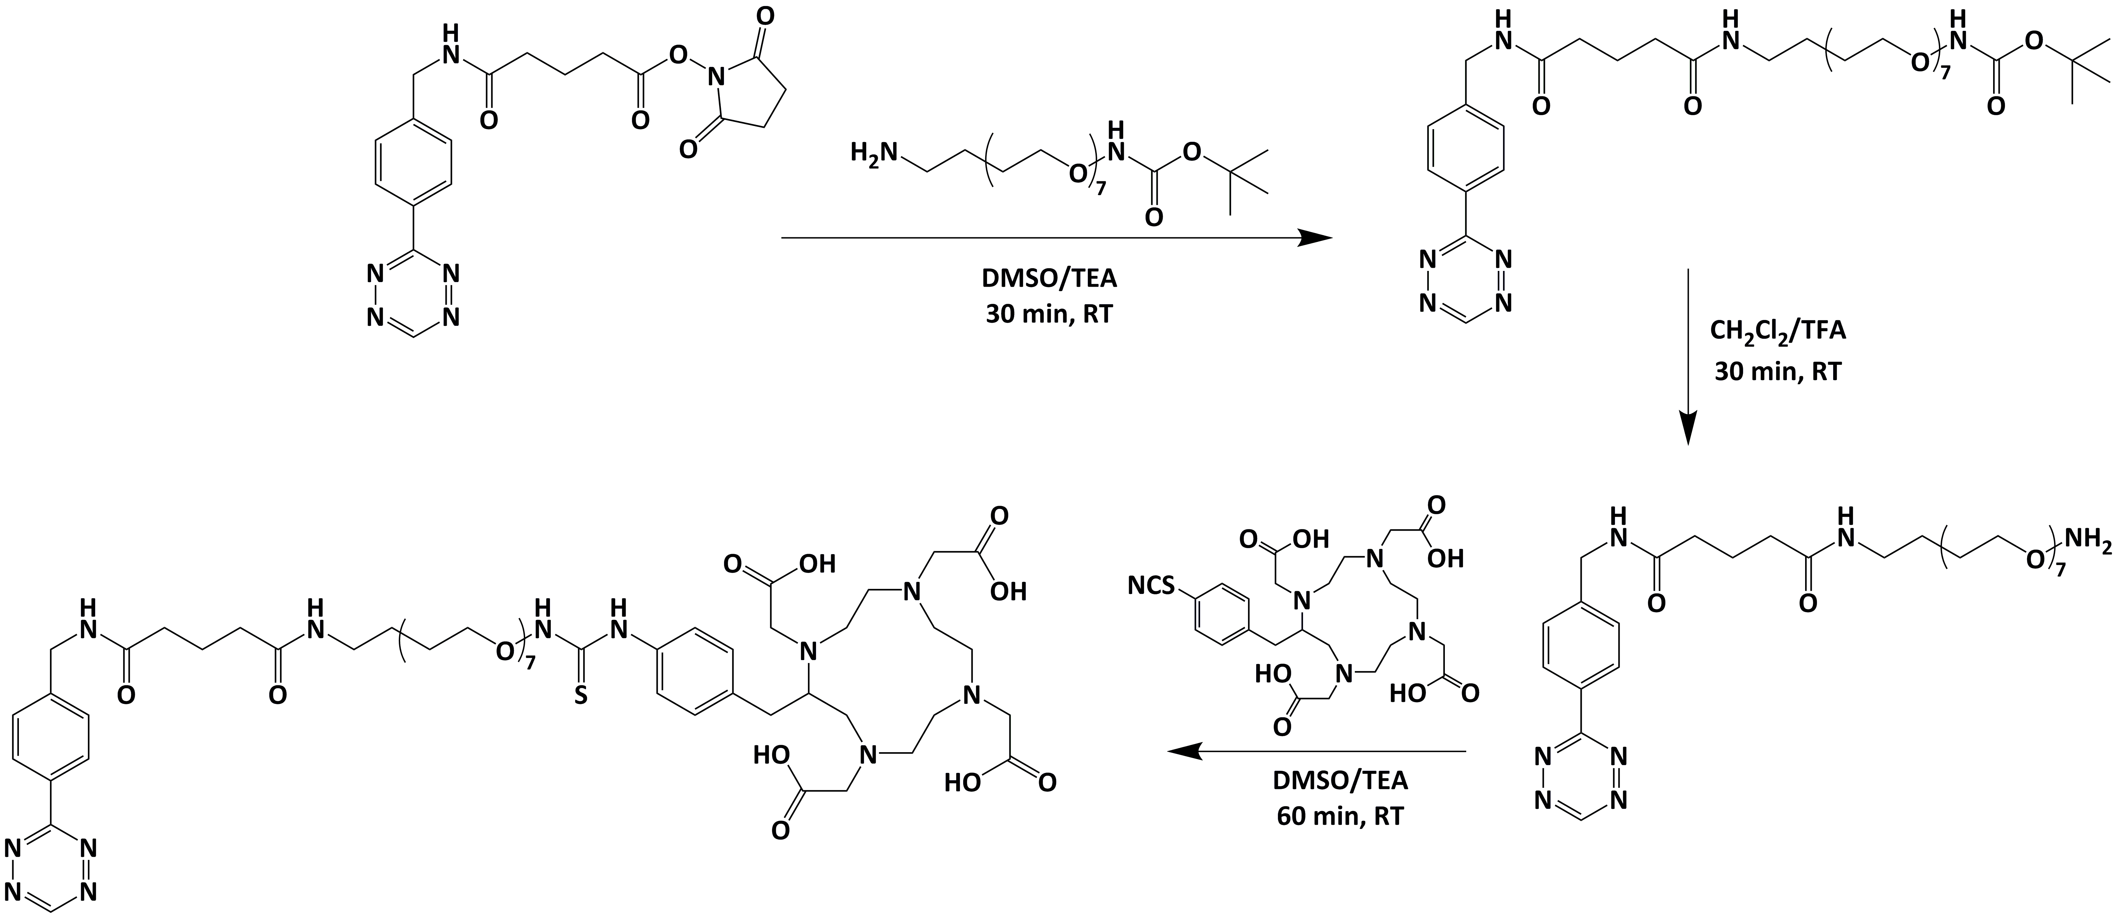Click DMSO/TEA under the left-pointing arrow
tap(1340, 779)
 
